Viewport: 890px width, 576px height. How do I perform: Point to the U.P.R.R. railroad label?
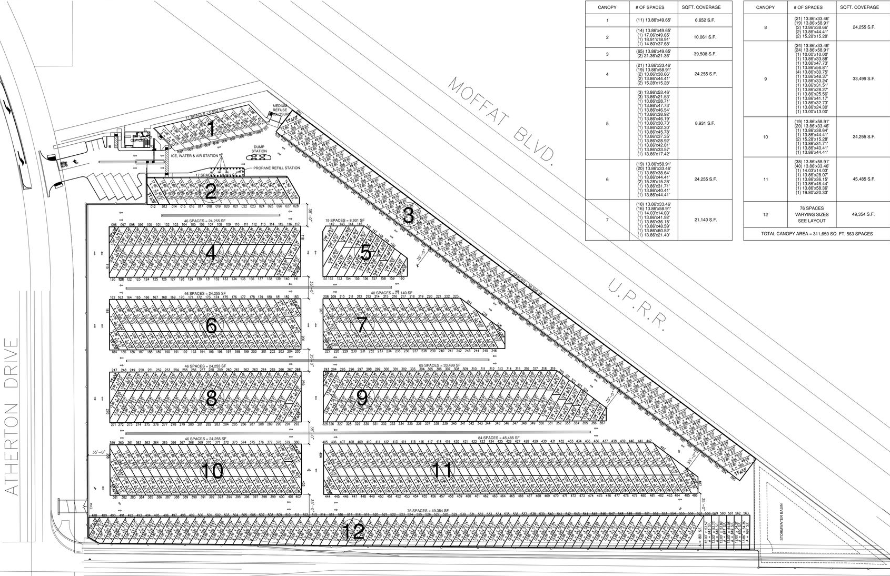[x=637, y=307]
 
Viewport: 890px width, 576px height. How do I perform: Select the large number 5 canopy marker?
[x=365, y=253]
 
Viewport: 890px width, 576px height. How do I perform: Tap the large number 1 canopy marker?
[x=211, y=128]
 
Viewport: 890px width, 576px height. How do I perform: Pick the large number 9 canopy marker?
[x=362, y=398]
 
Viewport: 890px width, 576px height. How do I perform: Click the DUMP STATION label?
[x=259, y=149]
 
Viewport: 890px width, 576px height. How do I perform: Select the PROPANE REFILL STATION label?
[x=276, y=168]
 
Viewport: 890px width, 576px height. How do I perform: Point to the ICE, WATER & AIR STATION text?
[x=193, y=156]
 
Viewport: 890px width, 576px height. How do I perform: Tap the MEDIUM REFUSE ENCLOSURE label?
[x=280, y=110]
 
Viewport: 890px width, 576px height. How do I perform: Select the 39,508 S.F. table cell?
[x=706, y=54]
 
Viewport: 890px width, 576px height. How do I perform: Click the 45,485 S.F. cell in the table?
[x=864, y=180]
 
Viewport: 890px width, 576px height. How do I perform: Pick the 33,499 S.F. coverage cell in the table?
[x=864, y=79]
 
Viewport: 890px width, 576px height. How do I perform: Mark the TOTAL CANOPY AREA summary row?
[x=816, y=234]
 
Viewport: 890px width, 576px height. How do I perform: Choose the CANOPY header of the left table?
[x=607, y=7]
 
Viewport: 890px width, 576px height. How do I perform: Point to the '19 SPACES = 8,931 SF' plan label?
[x=343, y=220]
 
